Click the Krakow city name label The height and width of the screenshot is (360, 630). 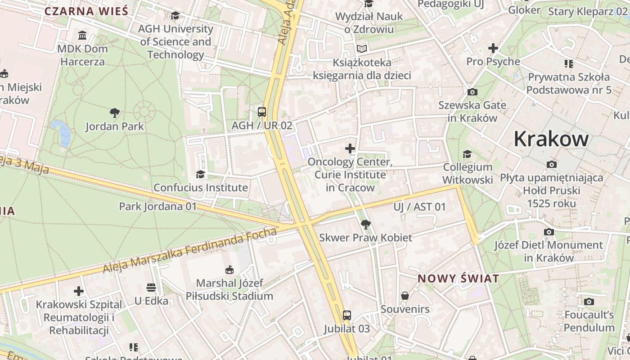pos(551,139)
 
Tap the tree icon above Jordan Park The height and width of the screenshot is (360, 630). pos(115,112)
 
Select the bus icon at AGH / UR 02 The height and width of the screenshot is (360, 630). pos(261,112)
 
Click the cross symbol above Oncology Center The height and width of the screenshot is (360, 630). pos(350,148)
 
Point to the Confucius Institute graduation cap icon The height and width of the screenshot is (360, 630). pos(200,174)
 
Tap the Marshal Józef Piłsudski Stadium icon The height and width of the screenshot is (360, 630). pos(229,270)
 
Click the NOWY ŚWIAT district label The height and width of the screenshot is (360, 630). pos(458,279)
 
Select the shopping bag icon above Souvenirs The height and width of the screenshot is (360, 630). pos(405,296)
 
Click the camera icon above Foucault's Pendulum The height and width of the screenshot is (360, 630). pos(589,301)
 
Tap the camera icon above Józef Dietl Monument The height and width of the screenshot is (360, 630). pos(549,232)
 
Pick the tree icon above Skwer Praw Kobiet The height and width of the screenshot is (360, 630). pos(365,224)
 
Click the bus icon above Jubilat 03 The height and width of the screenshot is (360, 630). pos(346,315)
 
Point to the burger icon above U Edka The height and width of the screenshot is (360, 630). pos(151,287)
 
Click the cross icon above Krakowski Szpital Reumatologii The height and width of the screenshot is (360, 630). pos(79,291)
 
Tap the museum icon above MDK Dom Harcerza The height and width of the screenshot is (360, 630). pos(82,35)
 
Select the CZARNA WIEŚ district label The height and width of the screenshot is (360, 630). pos(86,11)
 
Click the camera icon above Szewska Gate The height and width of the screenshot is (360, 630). pos(472,92)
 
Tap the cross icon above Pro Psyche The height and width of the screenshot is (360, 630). pos(493,48)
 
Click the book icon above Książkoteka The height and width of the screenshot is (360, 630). pos(362,49)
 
